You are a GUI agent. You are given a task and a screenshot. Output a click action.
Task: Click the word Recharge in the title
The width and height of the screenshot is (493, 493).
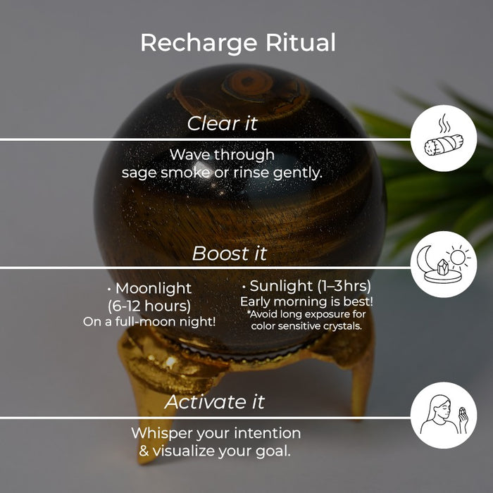(199, 43)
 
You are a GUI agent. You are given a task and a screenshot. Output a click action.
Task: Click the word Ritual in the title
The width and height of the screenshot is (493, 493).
(301, 42)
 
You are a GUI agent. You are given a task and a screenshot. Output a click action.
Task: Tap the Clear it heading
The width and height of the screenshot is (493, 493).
(223, 123)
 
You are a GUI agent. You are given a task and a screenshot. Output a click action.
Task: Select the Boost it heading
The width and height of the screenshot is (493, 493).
(230, 253)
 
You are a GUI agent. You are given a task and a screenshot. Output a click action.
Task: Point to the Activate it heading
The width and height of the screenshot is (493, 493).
(214, 401)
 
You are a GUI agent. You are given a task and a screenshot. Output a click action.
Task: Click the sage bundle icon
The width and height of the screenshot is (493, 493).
(444, 145)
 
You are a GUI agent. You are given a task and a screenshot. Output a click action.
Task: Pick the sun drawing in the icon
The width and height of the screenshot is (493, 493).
(458, 258)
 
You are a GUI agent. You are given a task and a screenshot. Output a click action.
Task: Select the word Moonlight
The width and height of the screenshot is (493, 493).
(154, 288)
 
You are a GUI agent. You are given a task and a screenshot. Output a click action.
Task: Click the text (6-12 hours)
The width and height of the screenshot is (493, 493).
(149, 306)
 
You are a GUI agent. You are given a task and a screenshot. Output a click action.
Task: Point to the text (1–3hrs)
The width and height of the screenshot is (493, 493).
(344, 286)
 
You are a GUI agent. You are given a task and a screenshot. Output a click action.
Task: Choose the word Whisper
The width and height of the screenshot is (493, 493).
(162, 433)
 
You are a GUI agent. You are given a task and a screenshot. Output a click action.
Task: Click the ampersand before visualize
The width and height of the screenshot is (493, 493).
(144, 451)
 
